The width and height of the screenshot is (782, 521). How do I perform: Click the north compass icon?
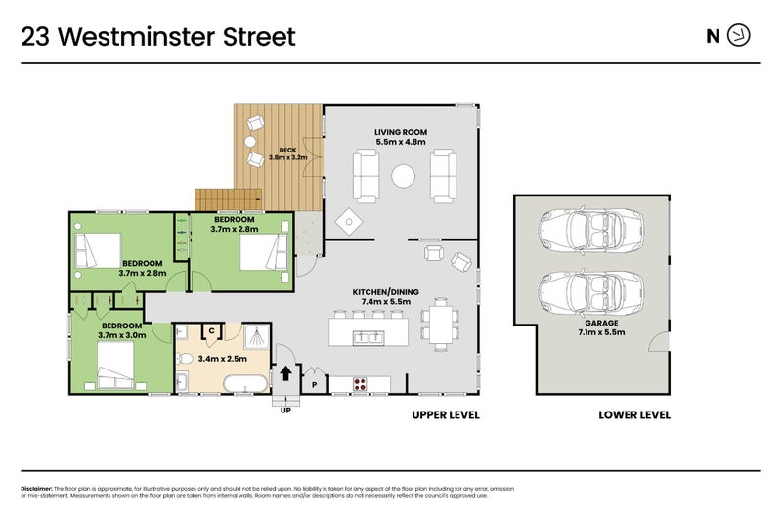coord(740,37)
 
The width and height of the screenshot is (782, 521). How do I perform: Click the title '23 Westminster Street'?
coord(158,37)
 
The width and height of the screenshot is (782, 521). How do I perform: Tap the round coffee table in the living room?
coord(403,177)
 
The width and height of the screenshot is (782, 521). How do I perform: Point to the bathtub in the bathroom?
coord(244,382)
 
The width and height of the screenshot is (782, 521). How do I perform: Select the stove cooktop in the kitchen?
coord(359,382)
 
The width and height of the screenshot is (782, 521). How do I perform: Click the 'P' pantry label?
coord(314,384)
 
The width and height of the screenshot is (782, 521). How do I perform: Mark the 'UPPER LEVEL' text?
coord(446,414)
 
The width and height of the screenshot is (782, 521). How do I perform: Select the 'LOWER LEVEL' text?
coord(634,414)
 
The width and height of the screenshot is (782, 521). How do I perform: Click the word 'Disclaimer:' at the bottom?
coord(36,488)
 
